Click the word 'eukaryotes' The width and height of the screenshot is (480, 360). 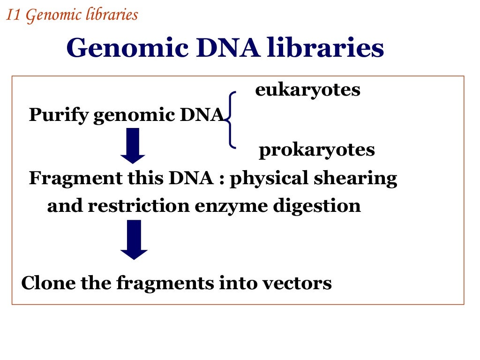[x=307, y=90]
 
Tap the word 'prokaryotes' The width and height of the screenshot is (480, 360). [x=316, y=150]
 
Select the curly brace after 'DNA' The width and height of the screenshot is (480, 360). [x=230, y=120]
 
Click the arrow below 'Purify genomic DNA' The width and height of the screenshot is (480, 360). [x=133, y=145]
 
